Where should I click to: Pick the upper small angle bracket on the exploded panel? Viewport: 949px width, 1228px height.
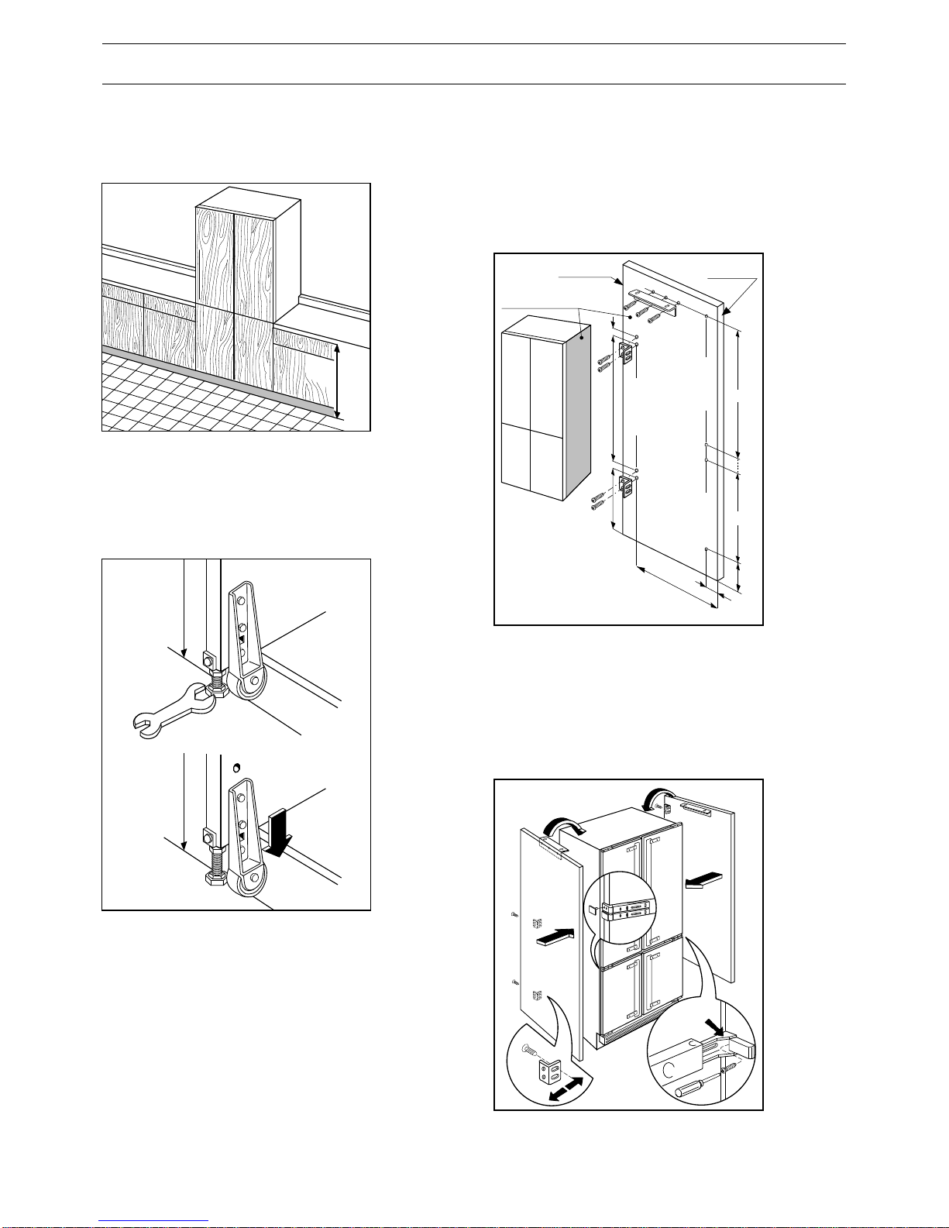click(629, 353)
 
